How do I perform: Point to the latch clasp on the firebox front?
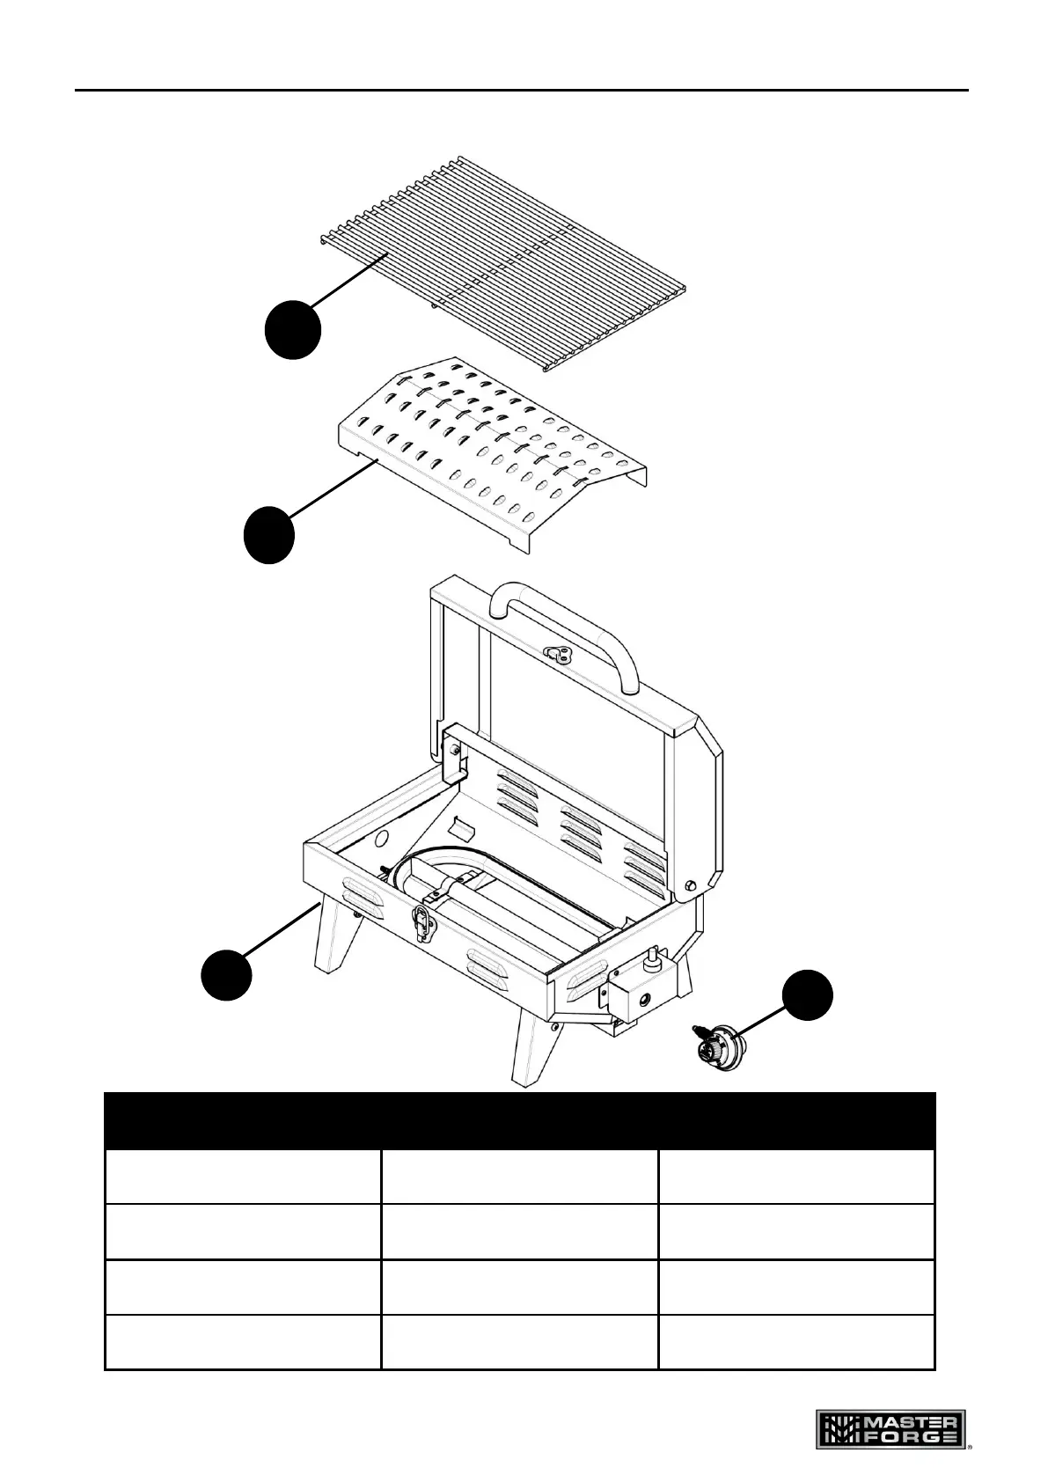(422, 924)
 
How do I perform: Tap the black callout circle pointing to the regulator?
(808, 997)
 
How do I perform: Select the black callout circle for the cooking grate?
(293, 329)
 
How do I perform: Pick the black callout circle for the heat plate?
(269, 535)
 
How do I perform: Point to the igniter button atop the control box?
(653, 957)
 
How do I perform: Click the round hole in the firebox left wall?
(381, 838)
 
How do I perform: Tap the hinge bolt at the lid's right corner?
(691, 884)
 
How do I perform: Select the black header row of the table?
(519, 1120)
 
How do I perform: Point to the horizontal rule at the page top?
(521, 90)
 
